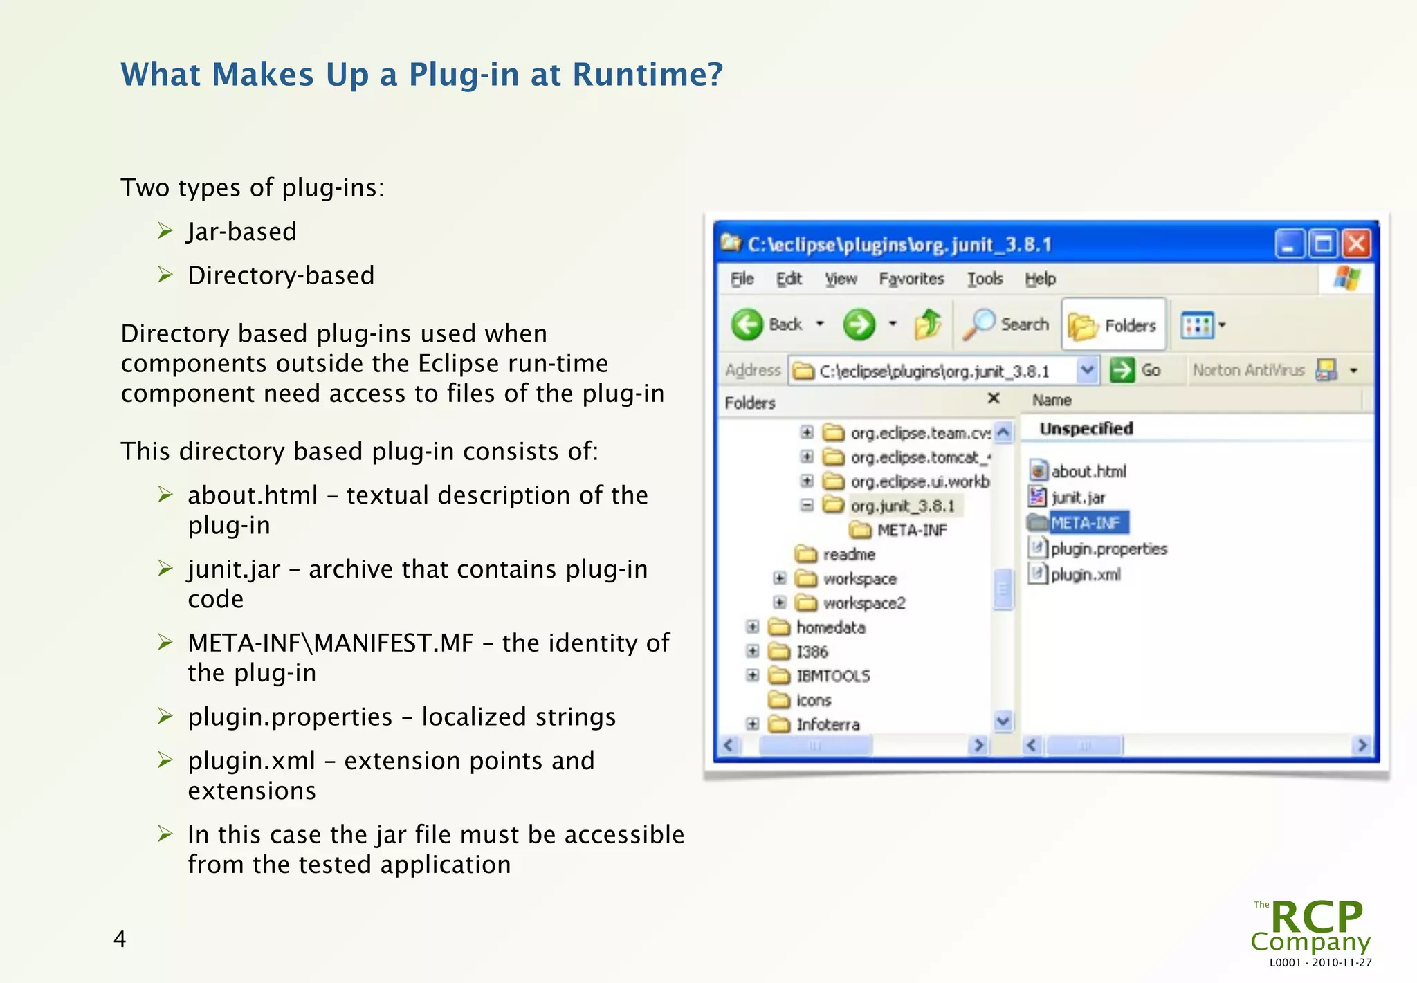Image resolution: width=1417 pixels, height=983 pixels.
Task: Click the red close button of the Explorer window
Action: tap(1356, 244)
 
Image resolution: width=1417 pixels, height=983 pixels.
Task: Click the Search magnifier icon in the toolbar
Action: tap(980, 324)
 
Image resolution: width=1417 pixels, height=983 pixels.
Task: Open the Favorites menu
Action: tap(911, 279)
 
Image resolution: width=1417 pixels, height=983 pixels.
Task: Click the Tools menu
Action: tap(985, 279)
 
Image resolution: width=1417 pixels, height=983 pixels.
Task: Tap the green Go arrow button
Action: tap(1122, 370)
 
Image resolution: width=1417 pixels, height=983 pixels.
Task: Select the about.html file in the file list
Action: tap(1088, 472)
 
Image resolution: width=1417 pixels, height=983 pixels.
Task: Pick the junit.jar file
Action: tap(1078, 497)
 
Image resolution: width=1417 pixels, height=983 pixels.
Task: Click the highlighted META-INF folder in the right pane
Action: tap(1084, 523)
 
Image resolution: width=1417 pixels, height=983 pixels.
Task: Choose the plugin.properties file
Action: tap(1108, 549)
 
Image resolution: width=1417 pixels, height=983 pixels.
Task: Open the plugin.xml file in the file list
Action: tap(1085, 575)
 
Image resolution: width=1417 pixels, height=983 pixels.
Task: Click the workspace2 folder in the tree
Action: tap(863, 603)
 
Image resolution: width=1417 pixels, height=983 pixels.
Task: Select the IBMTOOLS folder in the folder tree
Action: tap(832, 676)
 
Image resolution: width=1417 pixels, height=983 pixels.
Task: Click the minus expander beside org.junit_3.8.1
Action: tap(807, 506)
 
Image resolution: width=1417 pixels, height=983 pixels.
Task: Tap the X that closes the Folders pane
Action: tap(994, 398)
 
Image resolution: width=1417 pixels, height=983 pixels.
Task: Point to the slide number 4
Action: tap(120, 939)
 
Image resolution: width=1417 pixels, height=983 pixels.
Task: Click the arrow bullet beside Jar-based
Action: tap(165, 230)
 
